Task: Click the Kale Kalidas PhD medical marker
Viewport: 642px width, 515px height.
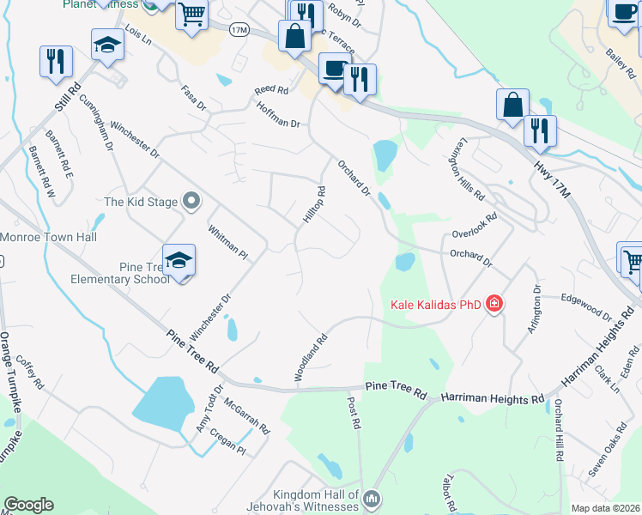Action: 494,304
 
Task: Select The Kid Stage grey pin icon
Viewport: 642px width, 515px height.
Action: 191,202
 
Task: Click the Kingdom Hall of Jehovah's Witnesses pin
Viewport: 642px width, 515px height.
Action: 371,498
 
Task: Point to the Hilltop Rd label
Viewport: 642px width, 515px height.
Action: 315,206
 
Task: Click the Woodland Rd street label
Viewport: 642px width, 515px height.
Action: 312,357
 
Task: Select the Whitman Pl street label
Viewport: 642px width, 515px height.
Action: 227,243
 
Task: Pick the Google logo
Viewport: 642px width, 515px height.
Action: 28,505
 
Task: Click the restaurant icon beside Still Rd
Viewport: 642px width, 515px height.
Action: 56,61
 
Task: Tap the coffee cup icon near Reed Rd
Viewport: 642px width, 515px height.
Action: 333,68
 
